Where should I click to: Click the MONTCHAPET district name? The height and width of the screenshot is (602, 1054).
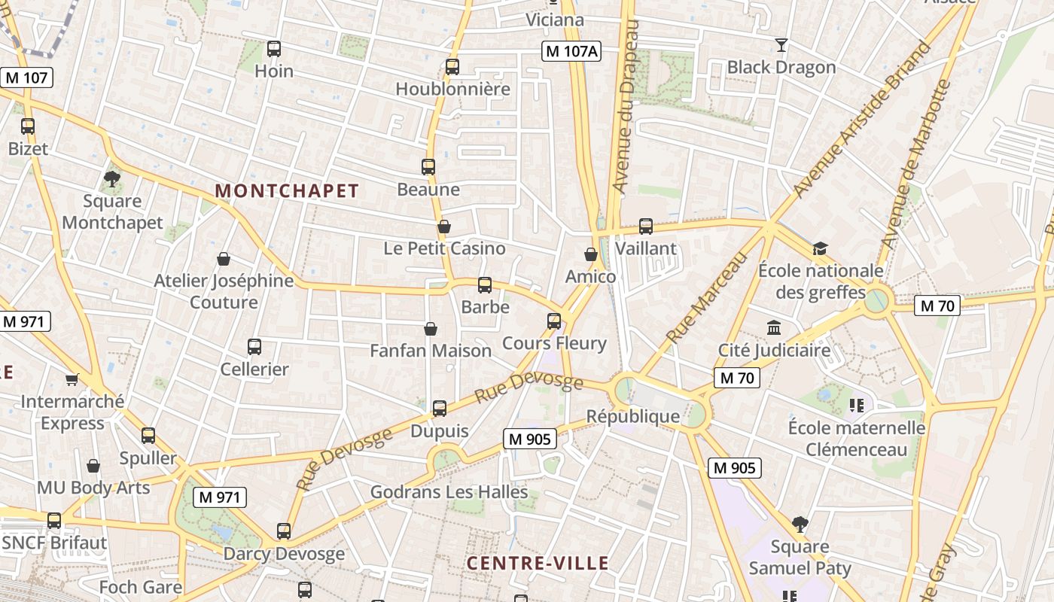coord(287,191)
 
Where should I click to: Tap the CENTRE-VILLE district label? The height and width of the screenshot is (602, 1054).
coord(538,563)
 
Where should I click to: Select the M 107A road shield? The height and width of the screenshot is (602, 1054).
coord(571,51)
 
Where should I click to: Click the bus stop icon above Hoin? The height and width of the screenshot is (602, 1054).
coord(274,50)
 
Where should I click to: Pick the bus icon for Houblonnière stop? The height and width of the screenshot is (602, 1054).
coord(452,67)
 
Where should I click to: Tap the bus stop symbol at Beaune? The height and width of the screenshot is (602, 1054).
coord(428,167)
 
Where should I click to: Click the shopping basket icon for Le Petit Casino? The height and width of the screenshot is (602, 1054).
coord(444,227)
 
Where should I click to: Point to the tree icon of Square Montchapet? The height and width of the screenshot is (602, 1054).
coord(112,179)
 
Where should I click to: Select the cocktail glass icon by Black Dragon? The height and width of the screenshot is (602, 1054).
coord(781,45)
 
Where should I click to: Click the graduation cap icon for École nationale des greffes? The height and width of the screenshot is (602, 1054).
coord(820,248)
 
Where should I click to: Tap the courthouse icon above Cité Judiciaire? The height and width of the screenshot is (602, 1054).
coord(774,328)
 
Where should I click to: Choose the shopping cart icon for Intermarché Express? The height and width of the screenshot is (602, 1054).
coord(72,379)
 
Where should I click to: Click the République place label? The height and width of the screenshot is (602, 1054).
coord(633,416)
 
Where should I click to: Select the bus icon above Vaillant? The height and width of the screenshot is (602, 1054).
coord(646,226)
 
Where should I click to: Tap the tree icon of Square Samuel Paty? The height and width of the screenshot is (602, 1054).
coord(800,524)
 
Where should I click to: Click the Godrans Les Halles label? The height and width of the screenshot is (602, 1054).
coord(449,492)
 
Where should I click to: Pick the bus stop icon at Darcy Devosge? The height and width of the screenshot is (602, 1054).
coord(284,531)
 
